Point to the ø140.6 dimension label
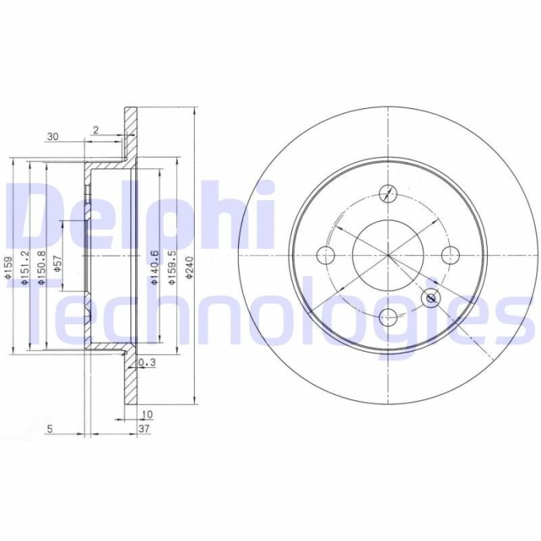tap(155, 267)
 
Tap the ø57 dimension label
tap(58, 265)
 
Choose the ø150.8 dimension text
tap(42, 267)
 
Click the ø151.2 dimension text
tap(25, 267)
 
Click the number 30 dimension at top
tap(53, 137)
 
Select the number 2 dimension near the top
tap(95, 130)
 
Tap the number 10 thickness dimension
tap(147, 414)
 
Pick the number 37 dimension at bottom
tap(144, 427)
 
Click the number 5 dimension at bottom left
tap(49, 427)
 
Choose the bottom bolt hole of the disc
tap(389, 316)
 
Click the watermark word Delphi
tap(139, 213)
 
